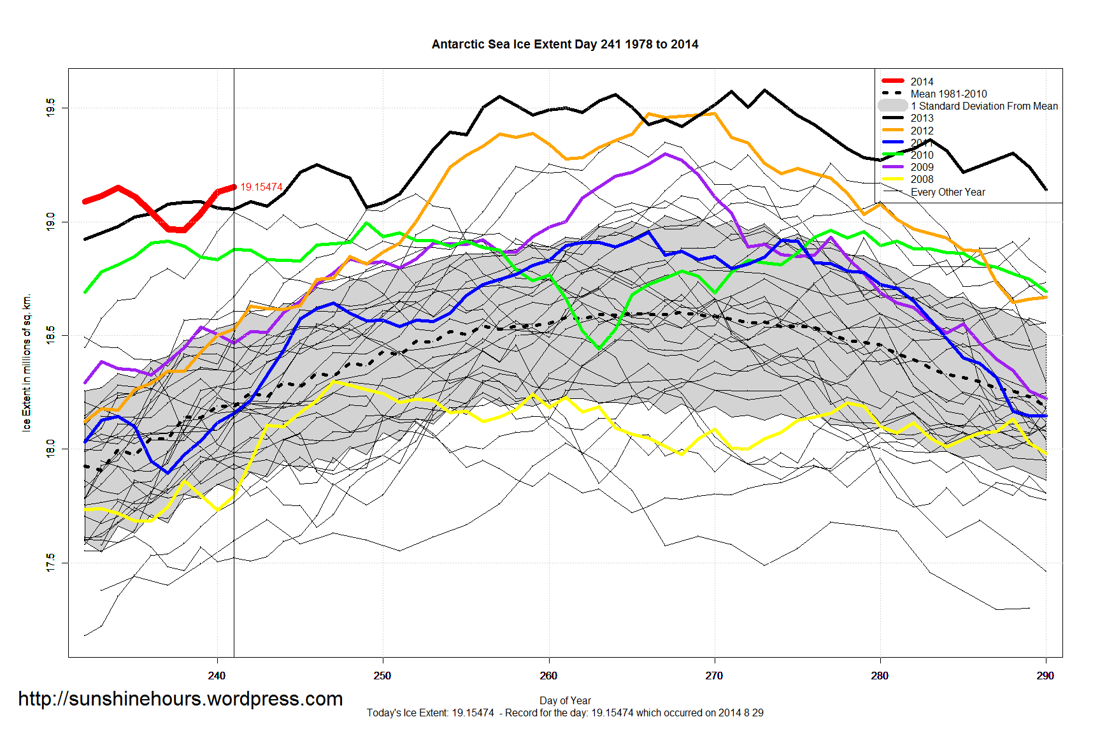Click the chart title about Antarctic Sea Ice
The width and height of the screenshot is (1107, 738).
tap(565, 45)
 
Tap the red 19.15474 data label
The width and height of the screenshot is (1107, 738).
tap(261, 187)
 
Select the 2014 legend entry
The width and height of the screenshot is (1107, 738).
tap(922, 82)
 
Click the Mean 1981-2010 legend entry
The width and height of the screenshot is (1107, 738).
tap(948, 94)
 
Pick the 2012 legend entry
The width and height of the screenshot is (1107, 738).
tap(922, 131)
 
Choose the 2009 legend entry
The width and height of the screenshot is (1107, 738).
tap(922, 167)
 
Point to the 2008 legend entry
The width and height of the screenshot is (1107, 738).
tap(922, 179)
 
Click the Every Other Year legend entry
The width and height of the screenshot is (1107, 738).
tap(947, 192)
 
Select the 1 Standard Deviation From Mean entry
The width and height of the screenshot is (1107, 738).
tap(983, 106)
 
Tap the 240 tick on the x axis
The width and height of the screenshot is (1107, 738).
tap(217, 676)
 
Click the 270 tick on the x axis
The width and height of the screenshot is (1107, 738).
tap(714, 676)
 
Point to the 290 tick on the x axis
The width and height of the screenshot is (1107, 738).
tap(1045, 676)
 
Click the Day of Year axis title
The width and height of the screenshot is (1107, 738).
tap(565, 700)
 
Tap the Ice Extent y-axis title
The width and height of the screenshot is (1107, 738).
tap(27, 363)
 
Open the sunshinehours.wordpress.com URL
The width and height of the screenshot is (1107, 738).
tap(180, 699)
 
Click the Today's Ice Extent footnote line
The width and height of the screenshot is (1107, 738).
tap(565, 713)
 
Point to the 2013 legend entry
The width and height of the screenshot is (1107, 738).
tap(922, 118)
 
